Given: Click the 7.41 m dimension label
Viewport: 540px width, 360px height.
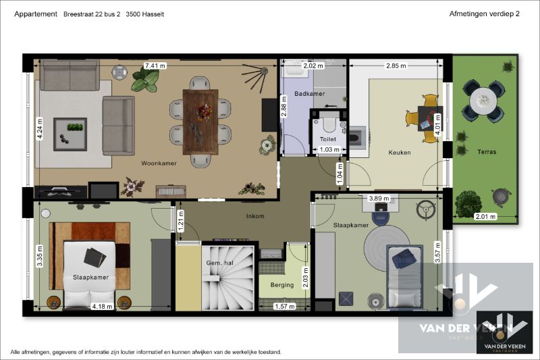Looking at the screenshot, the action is pos(155,66).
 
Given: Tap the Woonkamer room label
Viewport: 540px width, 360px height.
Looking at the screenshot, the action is pos(159,163).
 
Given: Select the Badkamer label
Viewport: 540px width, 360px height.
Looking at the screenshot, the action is pos(310,94).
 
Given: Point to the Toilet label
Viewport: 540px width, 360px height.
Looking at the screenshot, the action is pos(328,139).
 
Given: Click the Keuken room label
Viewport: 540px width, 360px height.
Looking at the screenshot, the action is pos(400,152).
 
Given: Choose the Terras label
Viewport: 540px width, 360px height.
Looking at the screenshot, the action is pos(487,151).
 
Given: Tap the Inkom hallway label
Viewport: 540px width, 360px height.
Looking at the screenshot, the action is pos(255,216).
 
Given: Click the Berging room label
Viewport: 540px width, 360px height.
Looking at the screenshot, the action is pos(282,285).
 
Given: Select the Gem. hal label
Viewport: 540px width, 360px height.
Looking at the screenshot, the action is pos(220,263).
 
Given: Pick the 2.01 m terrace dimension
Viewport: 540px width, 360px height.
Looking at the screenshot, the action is pos(485,217).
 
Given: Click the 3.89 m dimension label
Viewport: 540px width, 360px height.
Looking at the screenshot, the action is pos(379,199).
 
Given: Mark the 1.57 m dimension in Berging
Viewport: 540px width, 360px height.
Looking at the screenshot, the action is pos(284,306).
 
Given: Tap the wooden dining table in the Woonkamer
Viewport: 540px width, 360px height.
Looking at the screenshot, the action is pos(200,122).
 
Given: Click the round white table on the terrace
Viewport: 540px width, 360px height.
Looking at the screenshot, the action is pos(483,101).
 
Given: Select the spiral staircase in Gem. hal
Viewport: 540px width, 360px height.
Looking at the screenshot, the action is pos(228,278).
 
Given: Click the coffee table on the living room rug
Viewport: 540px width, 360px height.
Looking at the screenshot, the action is pos(70,134).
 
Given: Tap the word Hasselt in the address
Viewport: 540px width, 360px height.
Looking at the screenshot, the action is pos(153,14).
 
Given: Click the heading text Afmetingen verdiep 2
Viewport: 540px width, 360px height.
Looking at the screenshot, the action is pos(484,14).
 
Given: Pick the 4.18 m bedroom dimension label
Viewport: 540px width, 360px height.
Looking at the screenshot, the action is pos(102,306).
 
